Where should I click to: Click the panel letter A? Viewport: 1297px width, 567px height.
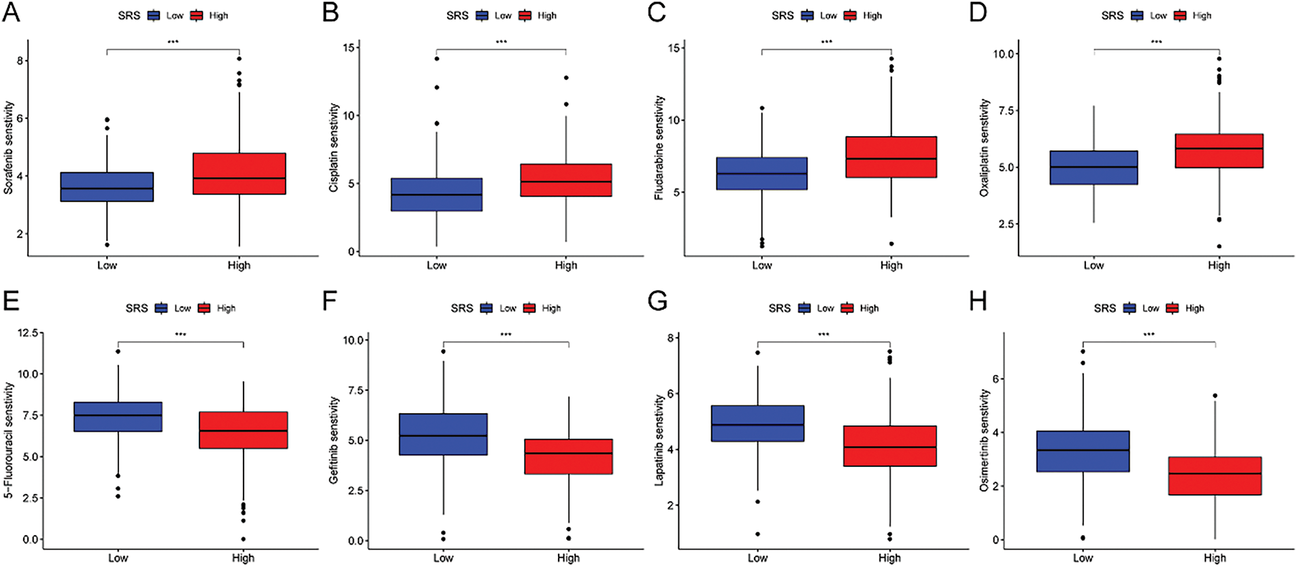pos(12,13)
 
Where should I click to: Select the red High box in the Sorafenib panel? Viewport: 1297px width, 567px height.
pos(239,174)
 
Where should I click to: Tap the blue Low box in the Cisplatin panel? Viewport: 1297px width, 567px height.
pos(436,195)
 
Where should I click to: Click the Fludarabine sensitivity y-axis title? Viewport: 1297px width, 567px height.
pos(659,148)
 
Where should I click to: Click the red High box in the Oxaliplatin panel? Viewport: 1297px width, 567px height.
pos(1219,150)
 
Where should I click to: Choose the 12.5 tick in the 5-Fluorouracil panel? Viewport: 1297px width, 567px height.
pos(29,333)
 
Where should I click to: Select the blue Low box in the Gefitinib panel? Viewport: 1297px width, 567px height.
pos(443,434)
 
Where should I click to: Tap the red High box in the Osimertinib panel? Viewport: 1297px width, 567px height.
pos(1215,476)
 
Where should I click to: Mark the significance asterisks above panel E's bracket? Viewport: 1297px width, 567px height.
pos(180,334)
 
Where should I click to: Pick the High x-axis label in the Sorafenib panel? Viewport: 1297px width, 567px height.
pos(239,265)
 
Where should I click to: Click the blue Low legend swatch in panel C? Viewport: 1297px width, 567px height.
pos(807,16)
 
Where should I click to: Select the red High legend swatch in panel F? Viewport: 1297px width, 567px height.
pos(529,308)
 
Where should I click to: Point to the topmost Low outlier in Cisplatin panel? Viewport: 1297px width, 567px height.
pos(437,59)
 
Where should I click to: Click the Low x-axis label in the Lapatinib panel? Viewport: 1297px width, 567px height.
pos(757,558)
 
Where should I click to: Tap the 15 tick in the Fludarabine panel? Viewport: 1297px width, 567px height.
pos(674,48)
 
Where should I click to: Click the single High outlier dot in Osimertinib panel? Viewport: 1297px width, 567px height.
pos(1215,395)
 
